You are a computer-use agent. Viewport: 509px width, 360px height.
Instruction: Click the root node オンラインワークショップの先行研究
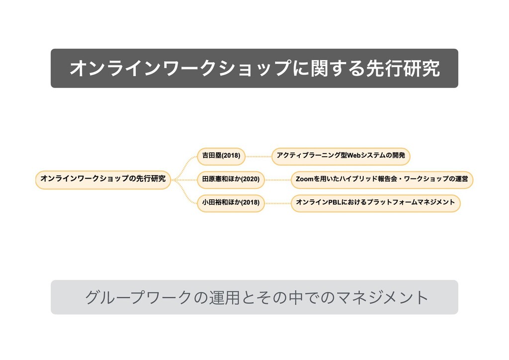coord(103,179)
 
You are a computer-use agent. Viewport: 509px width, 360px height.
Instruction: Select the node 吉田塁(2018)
coord(221,156)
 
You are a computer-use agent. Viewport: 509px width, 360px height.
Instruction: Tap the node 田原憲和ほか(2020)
coord(231,179)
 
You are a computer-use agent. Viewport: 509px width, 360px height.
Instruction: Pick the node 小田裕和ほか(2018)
coord(231,202)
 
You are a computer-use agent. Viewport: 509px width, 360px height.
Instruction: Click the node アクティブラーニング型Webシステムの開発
coord(340,156)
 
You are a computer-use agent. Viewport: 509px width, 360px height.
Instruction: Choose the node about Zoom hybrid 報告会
coord(382,179)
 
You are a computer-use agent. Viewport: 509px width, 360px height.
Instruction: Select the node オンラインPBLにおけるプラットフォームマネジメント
coord(375,202)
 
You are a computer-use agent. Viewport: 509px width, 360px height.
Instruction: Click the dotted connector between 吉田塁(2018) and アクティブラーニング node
coord(258,156)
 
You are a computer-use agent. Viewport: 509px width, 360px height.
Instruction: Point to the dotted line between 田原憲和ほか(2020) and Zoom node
coord(277,179)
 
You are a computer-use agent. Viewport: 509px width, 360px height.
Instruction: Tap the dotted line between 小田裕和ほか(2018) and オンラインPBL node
coord(277,202)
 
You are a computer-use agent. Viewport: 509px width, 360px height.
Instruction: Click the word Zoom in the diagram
coord(304,179)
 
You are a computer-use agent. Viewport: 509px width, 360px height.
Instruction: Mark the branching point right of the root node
coord(174,179)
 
